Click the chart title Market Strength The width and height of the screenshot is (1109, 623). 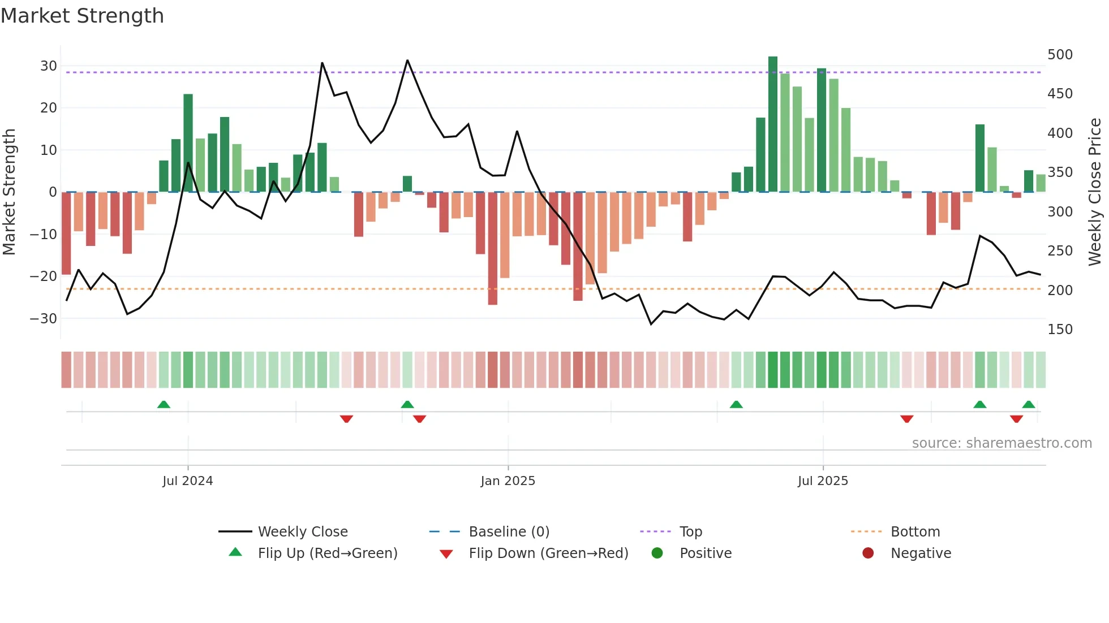click(82, 16)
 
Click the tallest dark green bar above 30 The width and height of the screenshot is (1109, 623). click(773, 124)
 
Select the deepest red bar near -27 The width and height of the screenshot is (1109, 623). click(493, 249)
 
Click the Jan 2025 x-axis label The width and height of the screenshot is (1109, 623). click(508, 481)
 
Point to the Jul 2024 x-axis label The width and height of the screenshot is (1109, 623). click(187, 481)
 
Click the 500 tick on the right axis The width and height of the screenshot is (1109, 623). click(1060, 55)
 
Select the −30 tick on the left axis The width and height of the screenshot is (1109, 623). click(44, 318)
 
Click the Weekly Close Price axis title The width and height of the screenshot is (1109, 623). click(1095, 192)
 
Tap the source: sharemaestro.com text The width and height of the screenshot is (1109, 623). click(1001, 443)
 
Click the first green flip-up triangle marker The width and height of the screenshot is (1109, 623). click(164, 404)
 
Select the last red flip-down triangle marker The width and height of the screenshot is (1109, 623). click(1016, 419)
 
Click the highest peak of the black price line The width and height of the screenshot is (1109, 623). click(407, 60)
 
